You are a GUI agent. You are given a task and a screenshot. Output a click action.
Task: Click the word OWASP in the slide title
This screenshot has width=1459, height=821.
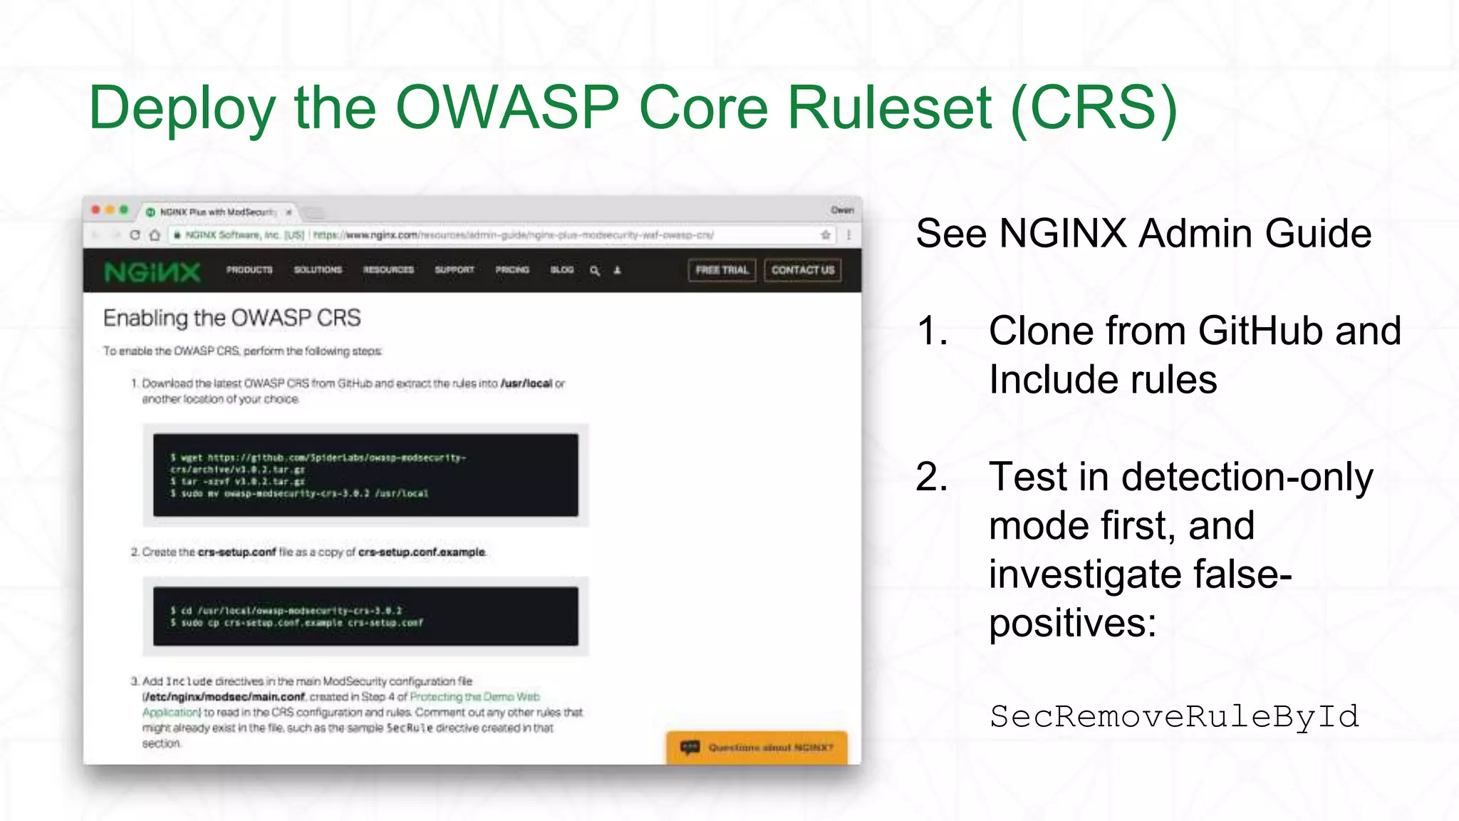tap(507, 108)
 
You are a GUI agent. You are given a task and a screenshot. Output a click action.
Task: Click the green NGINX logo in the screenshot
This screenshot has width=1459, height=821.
tap(152, 272)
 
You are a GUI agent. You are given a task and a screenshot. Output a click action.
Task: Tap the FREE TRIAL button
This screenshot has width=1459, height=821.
tap(722, 270)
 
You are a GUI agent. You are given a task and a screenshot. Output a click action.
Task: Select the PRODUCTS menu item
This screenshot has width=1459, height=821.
tap(249, 270)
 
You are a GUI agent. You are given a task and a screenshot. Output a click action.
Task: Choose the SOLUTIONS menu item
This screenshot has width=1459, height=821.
tap(318, 270)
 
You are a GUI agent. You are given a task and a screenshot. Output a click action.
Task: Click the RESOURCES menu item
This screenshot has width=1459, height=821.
tap(388, 270)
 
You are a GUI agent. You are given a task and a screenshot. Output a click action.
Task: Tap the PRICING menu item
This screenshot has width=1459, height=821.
tap(512, 270)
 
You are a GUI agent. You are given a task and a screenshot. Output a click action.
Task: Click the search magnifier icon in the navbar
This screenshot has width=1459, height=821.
tap(595, 271)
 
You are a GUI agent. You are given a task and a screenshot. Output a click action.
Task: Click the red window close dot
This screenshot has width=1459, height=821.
tap(96, 210)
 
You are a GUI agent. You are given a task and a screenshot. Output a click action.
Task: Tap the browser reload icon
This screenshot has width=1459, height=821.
tap(135, 234)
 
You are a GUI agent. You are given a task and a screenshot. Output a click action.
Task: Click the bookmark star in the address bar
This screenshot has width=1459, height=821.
tap(826, 234)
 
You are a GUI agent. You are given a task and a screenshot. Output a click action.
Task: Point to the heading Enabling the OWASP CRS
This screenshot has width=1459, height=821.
tap(232, 318)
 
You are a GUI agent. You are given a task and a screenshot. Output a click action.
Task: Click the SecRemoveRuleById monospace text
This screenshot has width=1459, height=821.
tap(1174, 716)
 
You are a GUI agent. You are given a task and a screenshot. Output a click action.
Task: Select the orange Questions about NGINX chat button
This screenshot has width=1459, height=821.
tap(757, 748)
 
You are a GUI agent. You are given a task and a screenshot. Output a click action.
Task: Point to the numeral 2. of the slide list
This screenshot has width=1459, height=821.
tap(931, 477)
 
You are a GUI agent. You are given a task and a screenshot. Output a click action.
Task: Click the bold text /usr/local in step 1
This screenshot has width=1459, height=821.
tap(526, 383)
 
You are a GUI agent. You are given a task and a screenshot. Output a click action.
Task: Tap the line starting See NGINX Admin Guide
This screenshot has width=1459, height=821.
tap(1143, 234)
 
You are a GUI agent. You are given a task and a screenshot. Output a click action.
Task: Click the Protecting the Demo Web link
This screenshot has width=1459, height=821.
tap(475, 697)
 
